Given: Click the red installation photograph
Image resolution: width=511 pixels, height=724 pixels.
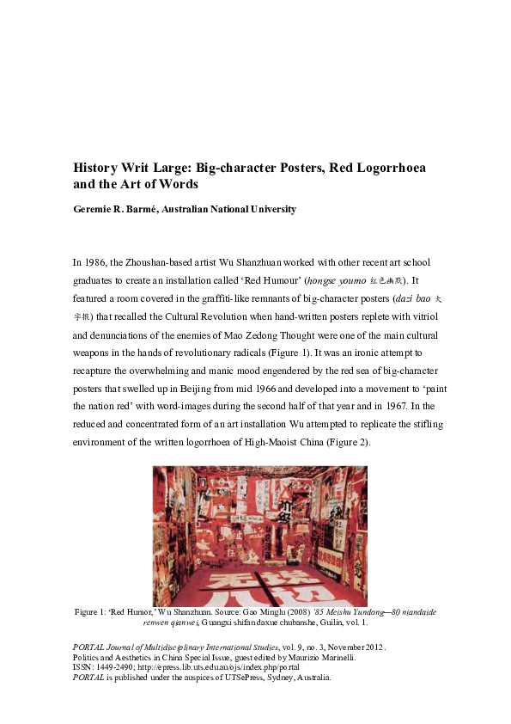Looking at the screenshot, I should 259,536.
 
